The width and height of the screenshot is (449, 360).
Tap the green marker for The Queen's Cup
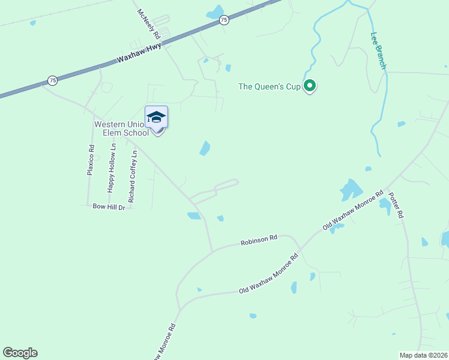click(x=310, y=86)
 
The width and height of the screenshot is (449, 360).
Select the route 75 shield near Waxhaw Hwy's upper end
click(x=224, y=20)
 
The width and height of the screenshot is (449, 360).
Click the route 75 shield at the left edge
click(x=53, y=80)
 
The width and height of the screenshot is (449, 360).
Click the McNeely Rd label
click(x=149, y=24)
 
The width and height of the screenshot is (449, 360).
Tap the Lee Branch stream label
click(x=378, y=51)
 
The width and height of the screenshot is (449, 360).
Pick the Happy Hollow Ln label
click(x=111, y=172)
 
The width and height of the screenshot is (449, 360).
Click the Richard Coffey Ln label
click(x=133, y=176)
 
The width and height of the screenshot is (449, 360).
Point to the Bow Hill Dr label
click(x=109, y=207)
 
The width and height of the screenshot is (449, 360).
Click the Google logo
click(x=20, y=353)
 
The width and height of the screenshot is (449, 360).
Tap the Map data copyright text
click(x=424, y=355)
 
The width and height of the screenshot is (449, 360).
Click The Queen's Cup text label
click(x=269, y=86)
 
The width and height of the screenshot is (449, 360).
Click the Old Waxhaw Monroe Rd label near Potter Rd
click(x=353, y=211)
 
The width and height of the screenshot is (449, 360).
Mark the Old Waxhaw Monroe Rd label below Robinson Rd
click(x=268, y=274)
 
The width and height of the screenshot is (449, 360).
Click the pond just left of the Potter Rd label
click(x=384, y=206)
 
